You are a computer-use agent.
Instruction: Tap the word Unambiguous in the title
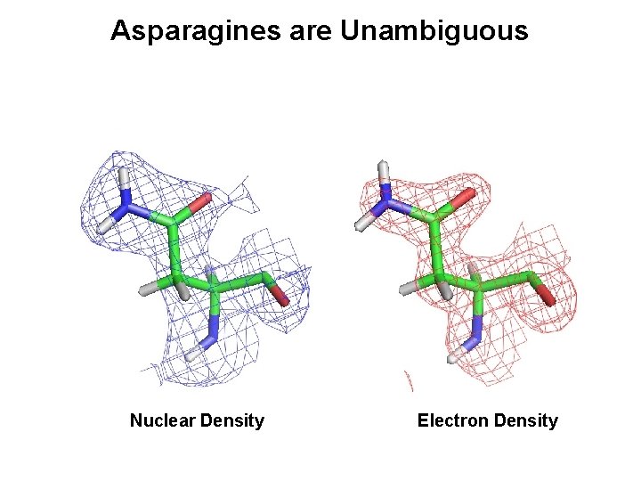click(434, 32)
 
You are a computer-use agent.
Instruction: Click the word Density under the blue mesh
click(234, 420)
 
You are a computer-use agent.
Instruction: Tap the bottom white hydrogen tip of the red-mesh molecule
click(454, 358)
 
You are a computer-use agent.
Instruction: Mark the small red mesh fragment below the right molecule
click(410, 382)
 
